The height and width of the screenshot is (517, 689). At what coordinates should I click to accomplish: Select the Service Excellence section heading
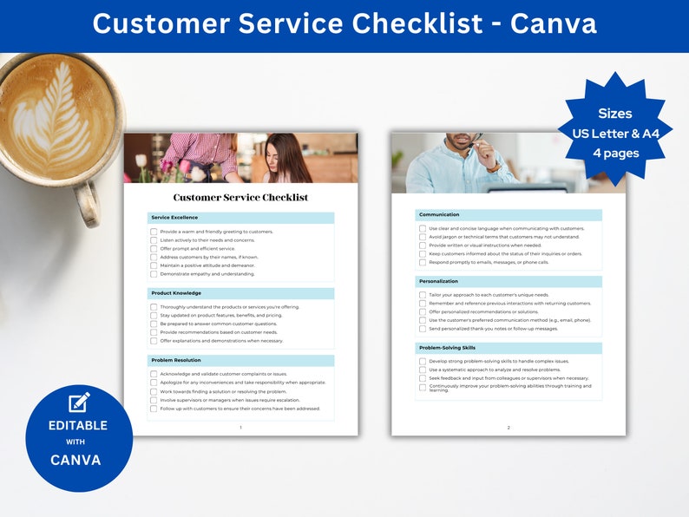coord(174,218)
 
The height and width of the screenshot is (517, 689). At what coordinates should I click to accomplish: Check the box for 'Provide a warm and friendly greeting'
coord(154,232)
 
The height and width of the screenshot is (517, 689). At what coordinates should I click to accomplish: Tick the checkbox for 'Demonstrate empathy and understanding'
coord(154,274)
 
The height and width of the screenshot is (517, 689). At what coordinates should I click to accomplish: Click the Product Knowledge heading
coord(176,293)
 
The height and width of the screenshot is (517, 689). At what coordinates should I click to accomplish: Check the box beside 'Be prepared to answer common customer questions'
coord(154,324)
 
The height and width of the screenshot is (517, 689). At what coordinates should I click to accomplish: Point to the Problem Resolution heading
coord(176,360)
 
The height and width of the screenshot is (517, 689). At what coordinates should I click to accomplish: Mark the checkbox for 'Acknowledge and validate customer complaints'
coord(154,374)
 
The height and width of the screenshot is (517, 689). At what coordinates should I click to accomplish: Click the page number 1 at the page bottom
coord(240,428)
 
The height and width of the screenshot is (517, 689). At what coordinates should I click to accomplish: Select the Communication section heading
coord(439,214)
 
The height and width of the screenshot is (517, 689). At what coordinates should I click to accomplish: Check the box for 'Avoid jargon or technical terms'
coord(423,237)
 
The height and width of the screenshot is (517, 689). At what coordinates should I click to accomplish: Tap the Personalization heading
coord(438,281)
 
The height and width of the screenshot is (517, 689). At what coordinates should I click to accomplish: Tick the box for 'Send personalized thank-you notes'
coord(423,329)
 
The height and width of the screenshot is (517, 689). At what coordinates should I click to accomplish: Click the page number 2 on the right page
coord(509,428)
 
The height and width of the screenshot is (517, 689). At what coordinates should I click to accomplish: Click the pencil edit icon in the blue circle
coord(79,402)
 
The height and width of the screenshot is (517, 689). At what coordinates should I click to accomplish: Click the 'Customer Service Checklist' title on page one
coord(240,198)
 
